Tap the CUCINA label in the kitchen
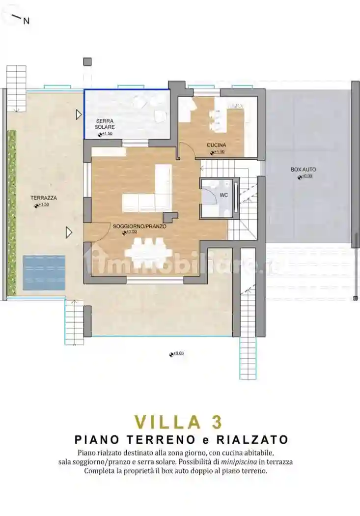click(x=216, y=145)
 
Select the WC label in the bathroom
click(x=223, y=195)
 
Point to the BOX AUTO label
click(x=303, y=170)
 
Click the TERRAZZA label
click(x=44, y=198)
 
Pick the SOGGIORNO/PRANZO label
click(x=139, y=227)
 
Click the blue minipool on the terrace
click(x=44, y=272)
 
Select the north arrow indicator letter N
click(x=27, y=21)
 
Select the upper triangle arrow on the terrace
click(x=79, y=115)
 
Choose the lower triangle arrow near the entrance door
click(x=69, y=232)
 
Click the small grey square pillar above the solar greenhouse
click(x=87, y=61)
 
